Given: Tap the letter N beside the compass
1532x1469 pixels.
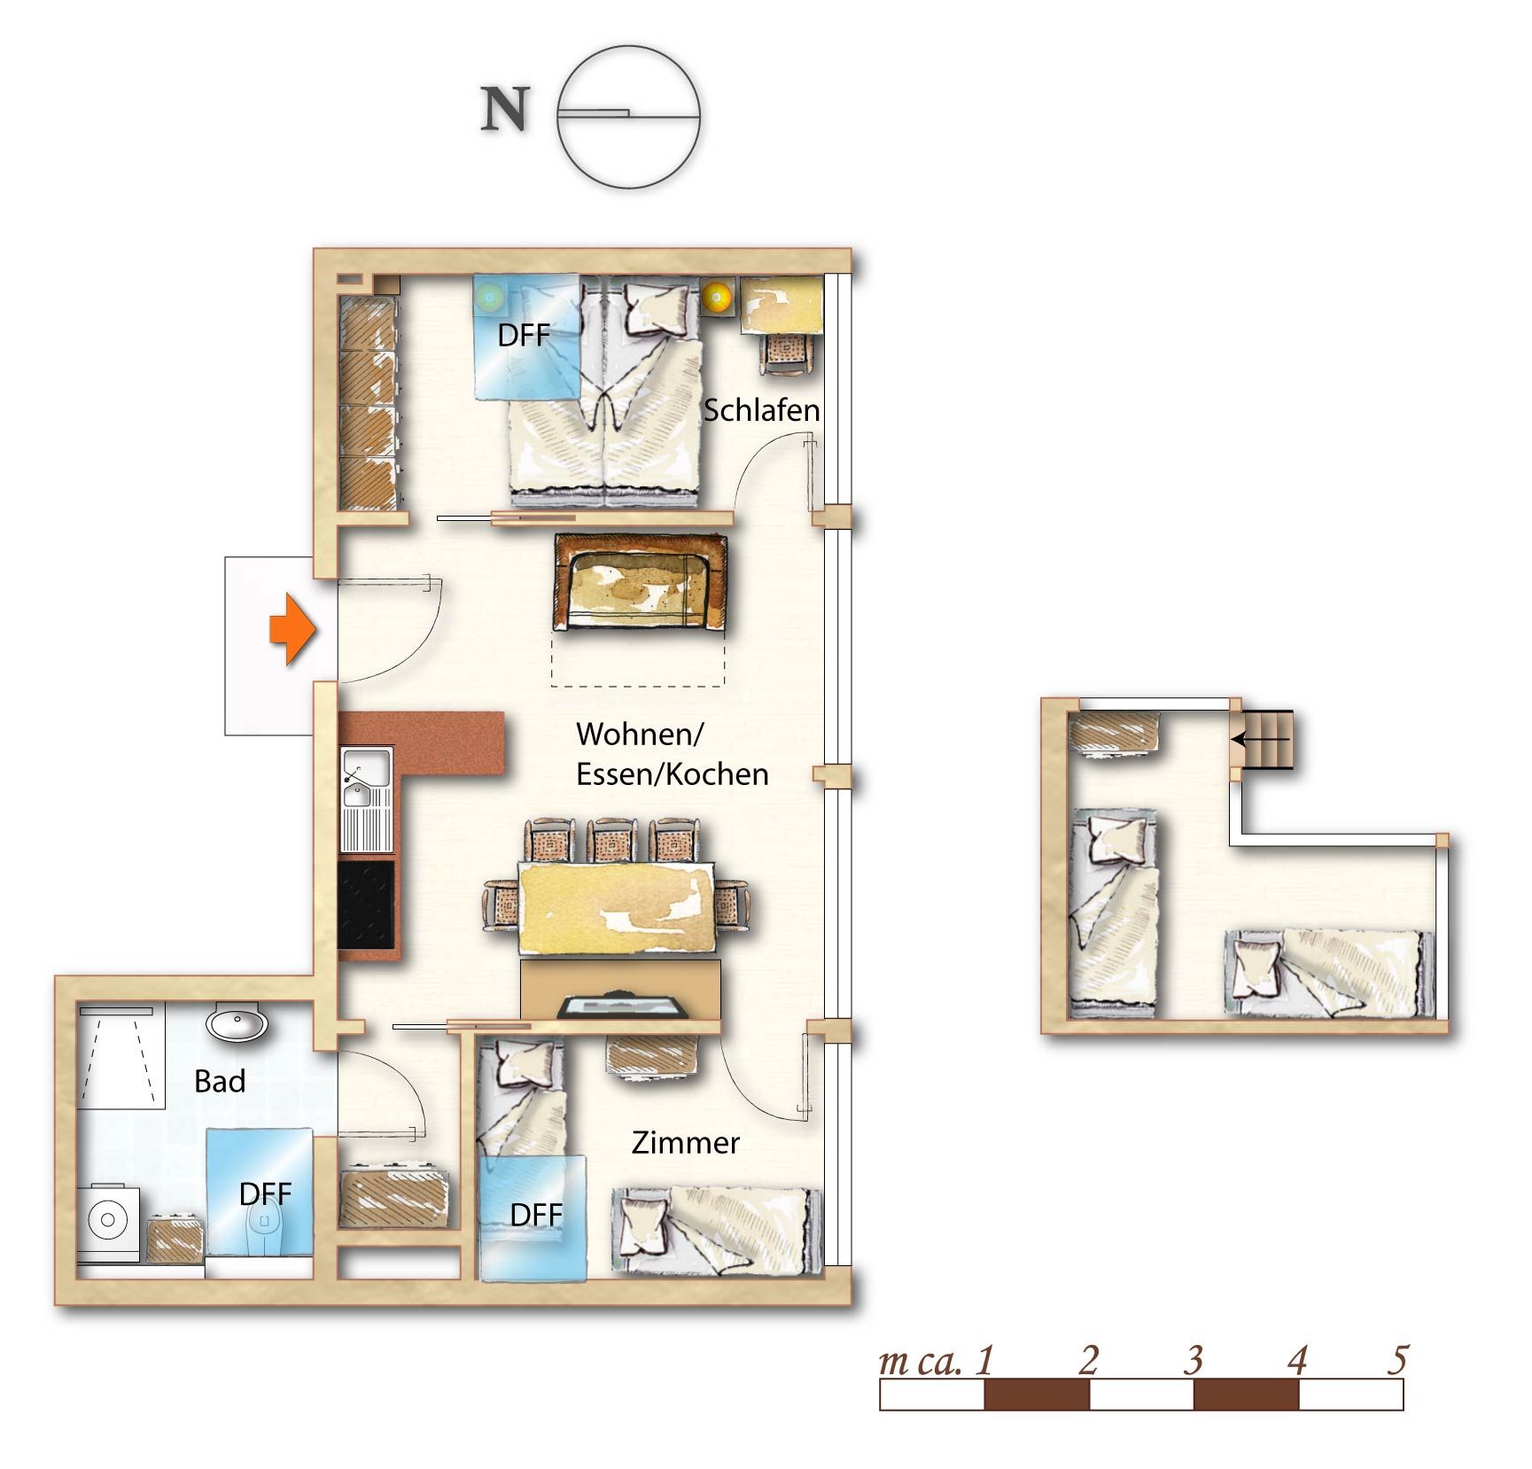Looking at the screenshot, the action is (505, 110).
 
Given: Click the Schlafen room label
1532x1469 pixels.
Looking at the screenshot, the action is (761, 410).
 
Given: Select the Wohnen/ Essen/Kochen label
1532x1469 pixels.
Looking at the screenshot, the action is (672, 754).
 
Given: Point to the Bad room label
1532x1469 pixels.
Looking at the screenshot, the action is (220, 1082).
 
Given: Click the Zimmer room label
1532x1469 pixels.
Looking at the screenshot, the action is (685, 1143).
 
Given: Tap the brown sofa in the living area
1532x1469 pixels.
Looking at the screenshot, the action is (640, 581).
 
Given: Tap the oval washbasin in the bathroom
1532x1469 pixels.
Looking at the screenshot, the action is (237, 1023).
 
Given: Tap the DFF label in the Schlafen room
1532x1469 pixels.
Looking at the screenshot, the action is (524, 336).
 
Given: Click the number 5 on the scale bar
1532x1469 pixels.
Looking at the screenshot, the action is (1396, 1360).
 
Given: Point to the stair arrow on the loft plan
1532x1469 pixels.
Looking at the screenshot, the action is (1261, 738).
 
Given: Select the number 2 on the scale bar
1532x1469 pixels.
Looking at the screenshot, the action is (1089, 1360).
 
